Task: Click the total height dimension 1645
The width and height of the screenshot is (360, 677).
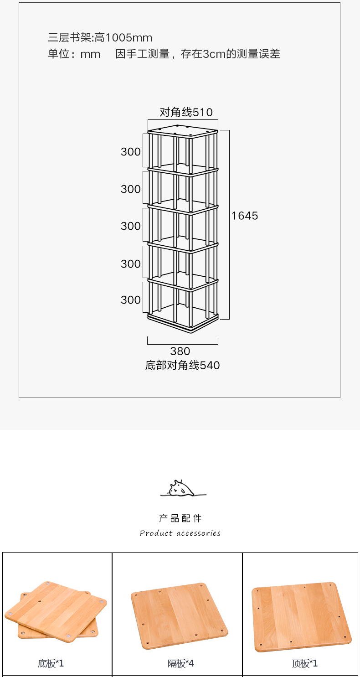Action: tap(245, 216)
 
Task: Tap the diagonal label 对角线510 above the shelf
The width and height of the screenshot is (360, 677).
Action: tap(186, 112)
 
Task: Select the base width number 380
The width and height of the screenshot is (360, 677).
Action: tap(180, 351)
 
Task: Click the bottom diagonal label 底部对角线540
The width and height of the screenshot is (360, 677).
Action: tap(182, 365)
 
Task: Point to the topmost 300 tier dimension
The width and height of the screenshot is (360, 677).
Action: tap(131, 152)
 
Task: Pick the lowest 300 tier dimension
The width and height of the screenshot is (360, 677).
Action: tap(131, 300)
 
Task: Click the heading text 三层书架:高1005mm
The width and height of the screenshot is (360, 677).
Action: tap(100, 37)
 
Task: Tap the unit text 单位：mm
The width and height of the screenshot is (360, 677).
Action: tap(74, 54)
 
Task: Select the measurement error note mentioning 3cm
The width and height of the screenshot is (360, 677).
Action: tap(198, 54)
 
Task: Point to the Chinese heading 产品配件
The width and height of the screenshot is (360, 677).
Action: tap(180, 518)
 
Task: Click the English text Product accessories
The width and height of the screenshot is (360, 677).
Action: tap(180, 533)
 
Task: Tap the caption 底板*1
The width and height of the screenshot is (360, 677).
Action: tap(51, 663)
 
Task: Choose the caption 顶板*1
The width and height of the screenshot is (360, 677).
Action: tap(304, 663)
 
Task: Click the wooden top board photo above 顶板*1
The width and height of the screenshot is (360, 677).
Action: tap(301, 616)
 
